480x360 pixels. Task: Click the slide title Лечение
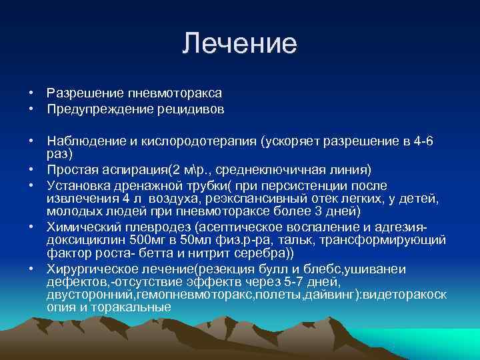239,44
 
